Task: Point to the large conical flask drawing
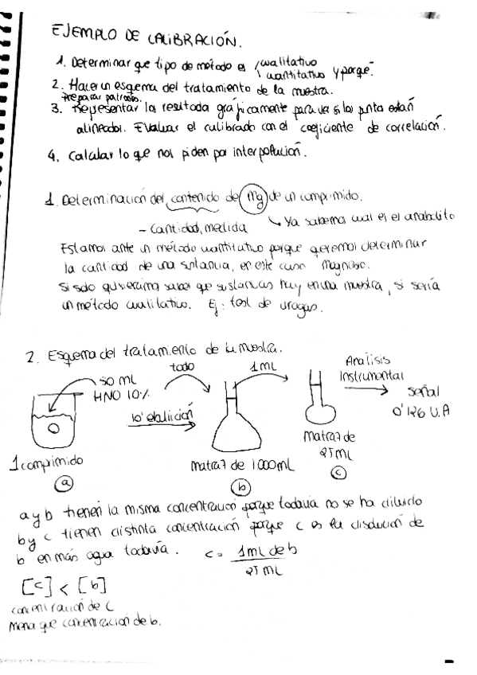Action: (x=239, y=422)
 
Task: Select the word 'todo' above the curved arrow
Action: (x=184, y=367)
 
